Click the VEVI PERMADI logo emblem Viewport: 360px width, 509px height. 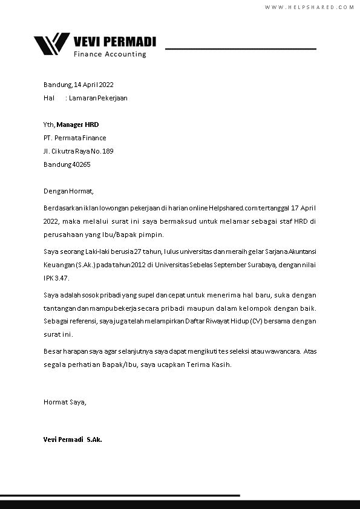coord(51,44)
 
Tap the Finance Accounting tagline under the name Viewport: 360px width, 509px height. coord(110,54)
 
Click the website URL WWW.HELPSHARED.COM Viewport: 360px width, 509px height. coord(309,7)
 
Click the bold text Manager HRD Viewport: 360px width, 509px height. coord(77,125)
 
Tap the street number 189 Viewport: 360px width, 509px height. coord(108,151)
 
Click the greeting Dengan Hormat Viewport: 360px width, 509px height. coord(68,191)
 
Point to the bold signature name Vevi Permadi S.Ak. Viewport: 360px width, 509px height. coord(73,439)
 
